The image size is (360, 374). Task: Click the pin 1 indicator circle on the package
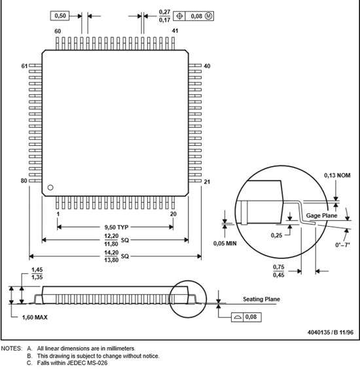[x=50, y=188]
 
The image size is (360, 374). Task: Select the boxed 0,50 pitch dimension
[x=60, y=16]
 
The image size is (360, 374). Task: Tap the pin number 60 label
[x=58, y=31]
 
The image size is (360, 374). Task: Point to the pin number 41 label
[x=175, y=31]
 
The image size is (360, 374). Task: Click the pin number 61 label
[x=24, y=66]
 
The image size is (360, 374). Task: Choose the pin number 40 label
[x=207, y=66]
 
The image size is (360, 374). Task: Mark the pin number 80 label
[x=24, y=181]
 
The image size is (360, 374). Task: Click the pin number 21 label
[x=207, y=182]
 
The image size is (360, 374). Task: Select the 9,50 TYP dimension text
[x=117, y=228]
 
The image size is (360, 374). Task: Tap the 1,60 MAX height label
[x=35, y=317]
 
